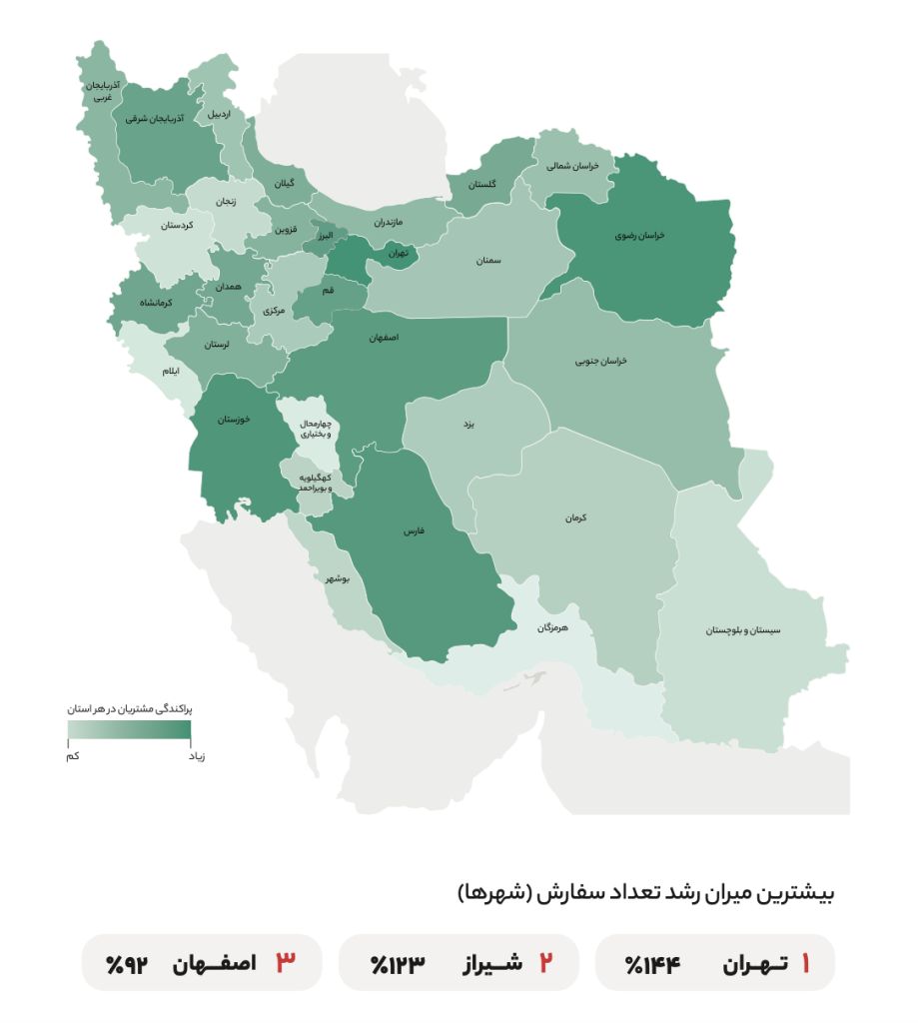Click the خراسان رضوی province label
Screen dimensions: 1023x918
tap(639, 237)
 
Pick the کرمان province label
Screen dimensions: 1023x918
tap(574, 517)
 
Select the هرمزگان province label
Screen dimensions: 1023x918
tap(551, 627)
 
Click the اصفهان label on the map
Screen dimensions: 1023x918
tap(384, 339)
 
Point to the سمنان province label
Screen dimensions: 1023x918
tap(488, 260)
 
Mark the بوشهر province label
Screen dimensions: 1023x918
tap(338, 578)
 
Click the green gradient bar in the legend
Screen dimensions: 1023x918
tap(129, 730)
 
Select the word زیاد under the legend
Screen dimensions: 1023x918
tap(198, 755)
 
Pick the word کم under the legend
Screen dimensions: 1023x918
tap(73, 755)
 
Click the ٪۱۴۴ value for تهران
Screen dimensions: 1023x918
tap(652, 964)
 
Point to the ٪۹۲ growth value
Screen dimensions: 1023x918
tap(127, 964)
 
